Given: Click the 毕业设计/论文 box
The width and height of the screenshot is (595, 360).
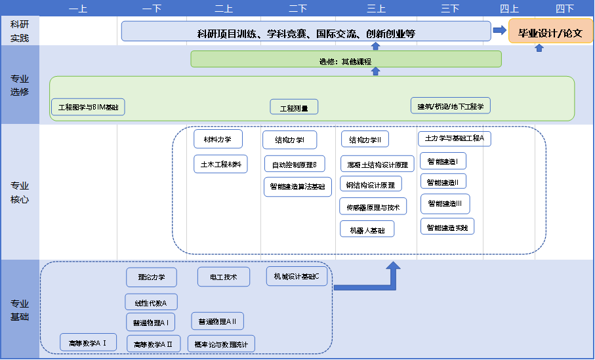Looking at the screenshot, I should [x=550, y=31].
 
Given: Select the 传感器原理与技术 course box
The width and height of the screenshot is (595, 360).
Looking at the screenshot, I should [x=373, y=207].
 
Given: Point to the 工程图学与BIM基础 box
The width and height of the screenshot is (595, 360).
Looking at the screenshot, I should [x=88, y=107].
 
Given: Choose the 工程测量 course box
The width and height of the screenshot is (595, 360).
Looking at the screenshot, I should [x=294, y=107].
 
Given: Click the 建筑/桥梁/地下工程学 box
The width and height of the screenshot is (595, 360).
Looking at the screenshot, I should [x=450, y=106].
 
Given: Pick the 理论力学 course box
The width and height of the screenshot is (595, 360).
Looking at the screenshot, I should [x=152, y=277].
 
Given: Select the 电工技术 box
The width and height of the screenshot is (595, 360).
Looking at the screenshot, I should [x=224, y=277].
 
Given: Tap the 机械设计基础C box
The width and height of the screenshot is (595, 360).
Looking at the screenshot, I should [x=297, y=276].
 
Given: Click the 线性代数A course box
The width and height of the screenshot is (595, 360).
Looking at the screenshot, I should [x=151, y=302].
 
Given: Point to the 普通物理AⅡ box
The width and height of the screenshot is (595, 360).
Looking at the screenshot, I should [x=218, y=321].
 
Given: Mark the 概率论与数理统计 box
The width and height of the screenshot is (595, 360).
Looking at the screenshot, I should [x=221, y=343].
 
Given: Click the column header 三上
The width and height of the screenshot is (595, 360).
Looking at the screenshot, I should [x=376, y=9].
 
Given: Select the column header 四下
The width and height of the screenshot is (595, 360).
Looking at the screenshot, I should [x=564, y=9].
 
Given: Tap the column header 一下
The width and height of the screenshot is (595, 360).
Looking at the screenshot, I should [x=152, y=9].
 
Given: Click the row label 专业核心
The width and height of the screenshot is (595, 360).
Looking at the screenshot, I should [x=20, y=193].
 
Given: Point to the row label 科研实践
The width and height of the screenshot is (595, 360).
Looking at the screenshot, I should [x=20, y=31].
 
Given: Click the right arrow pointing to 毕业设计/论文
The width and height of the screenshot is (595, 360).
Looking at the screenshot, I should [x=499, y=30].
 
